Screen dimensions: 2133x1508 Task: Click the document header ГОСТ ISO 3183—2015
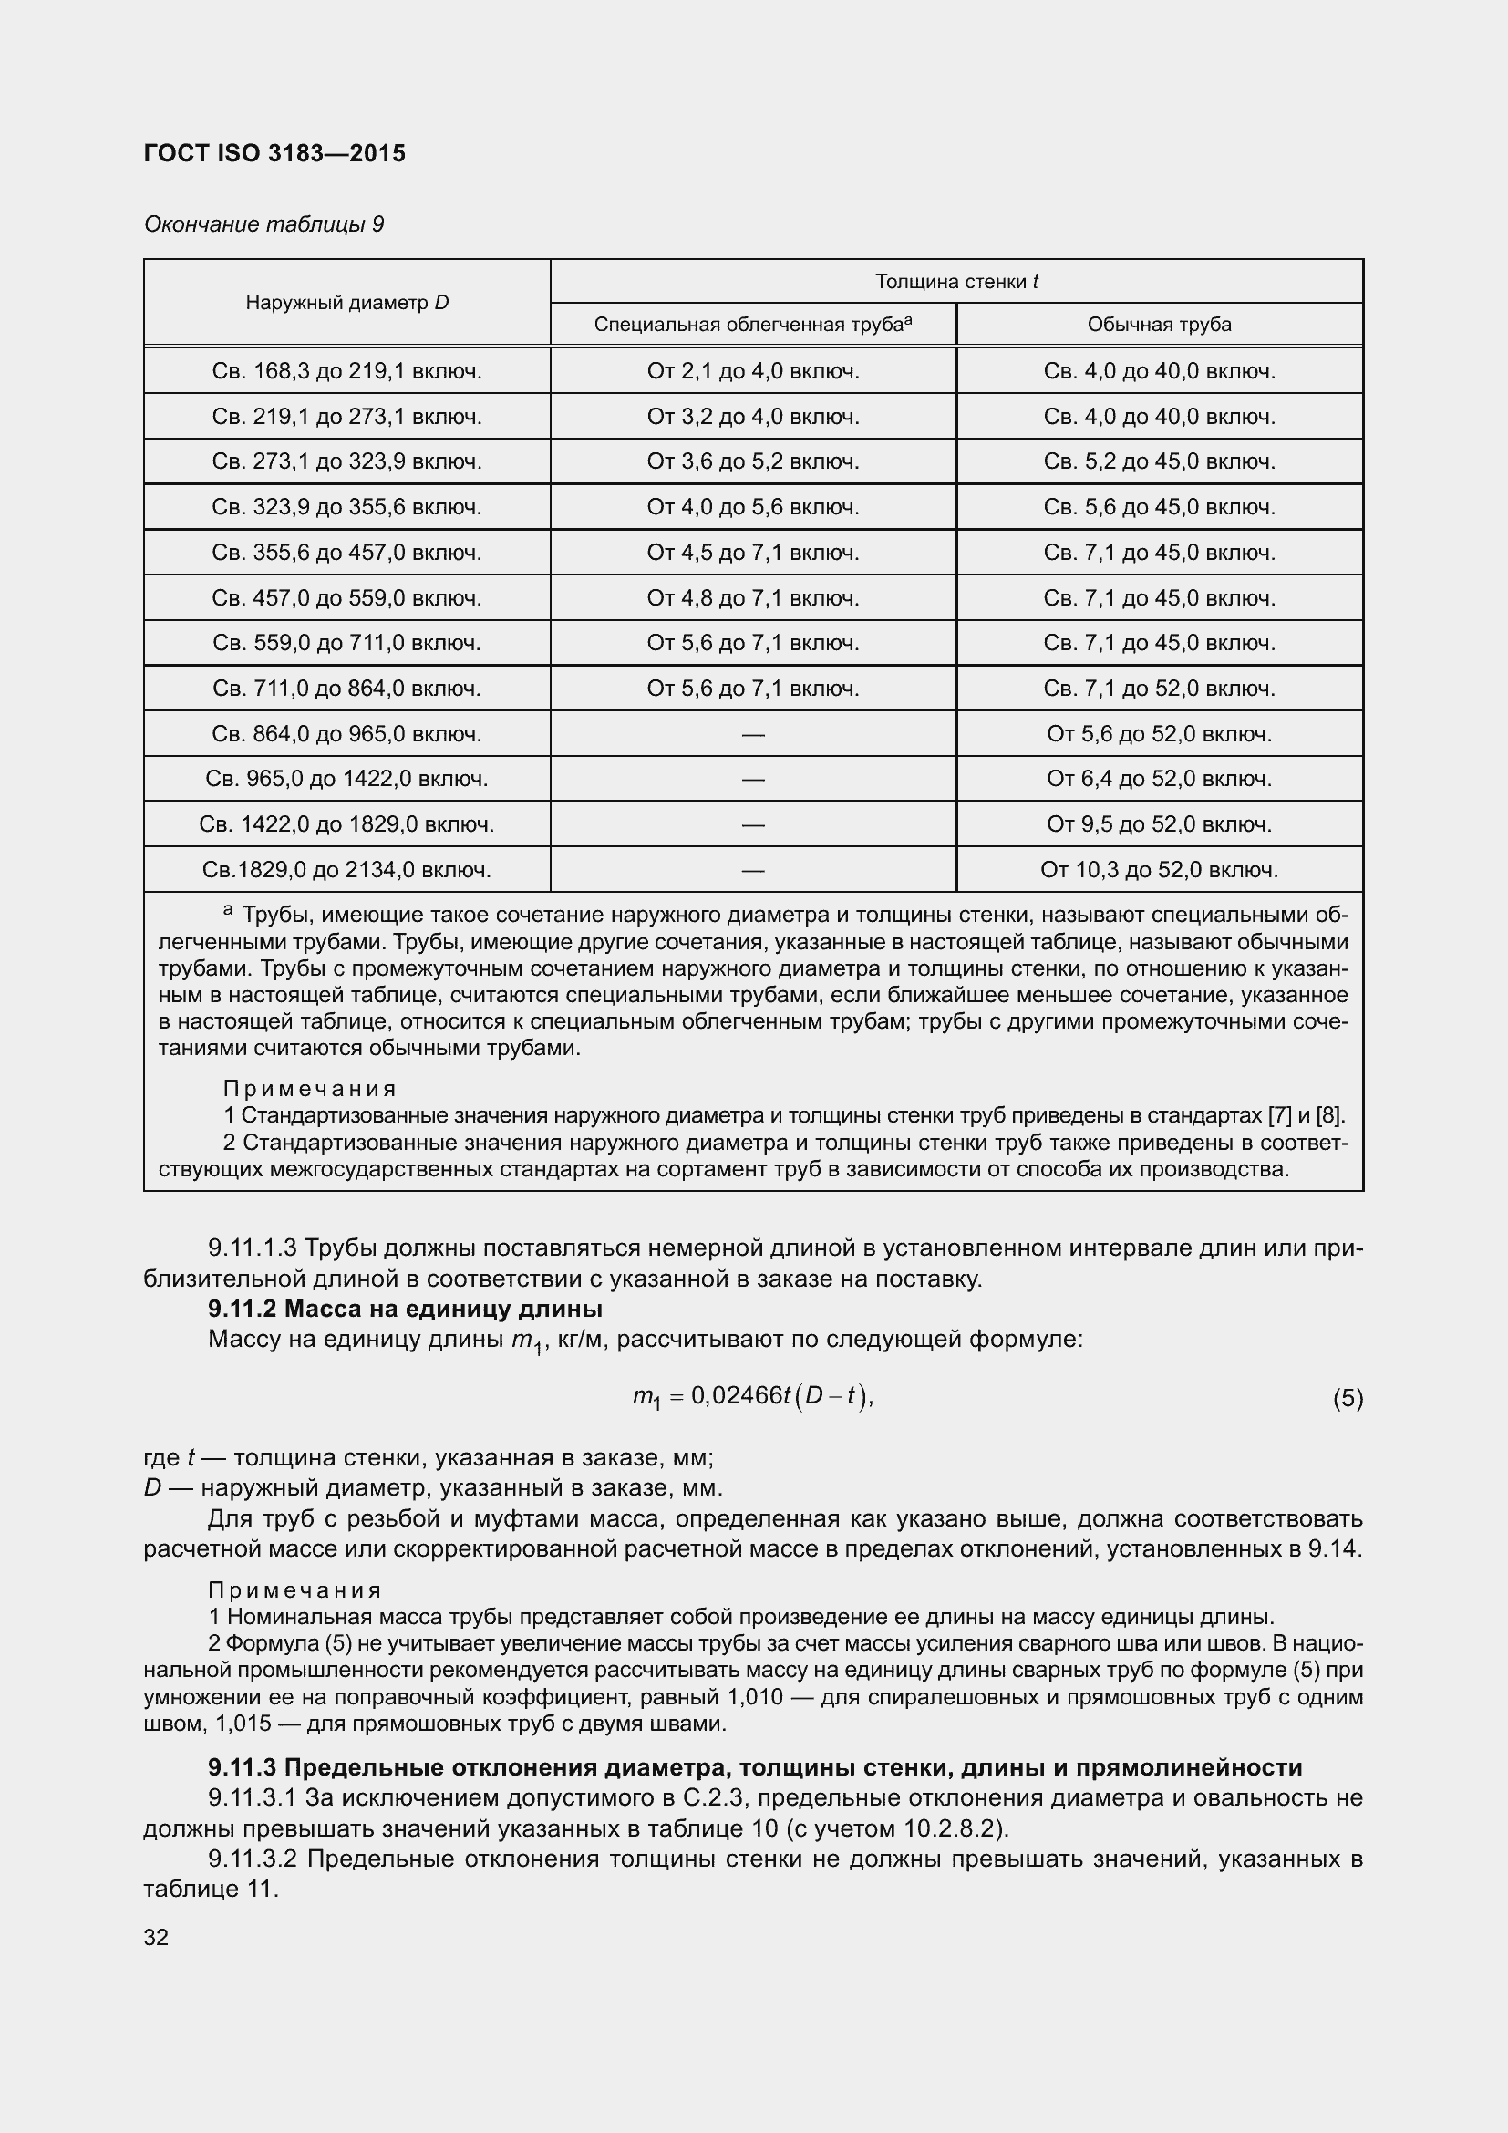(x=274, y=153)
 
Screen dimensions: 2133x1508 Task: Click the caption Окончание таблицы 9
(x=263, y=224)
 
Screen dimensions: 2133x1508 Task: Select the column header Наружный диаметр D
(x=346, y=302)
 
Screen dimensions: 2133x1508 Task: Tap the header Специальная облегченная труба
(x=752, y=325)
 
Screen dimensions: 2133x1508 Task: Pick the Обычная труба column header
(x=1159, y=325)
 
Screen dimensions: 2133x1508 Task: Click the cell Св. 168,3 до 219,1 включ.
(x=346, y=371)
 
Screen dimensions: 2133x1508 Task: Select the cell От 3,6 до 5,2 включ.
(x=752, y=461)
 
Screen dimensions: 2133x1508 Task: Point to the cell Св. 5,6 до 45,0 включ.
(x=1159, y=507)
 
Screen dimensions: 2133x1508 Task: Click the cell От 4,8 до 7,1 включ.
(x=752, y=598)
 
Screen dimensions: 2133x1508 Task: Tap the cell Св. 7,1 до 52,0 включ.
(x=1159, y=689)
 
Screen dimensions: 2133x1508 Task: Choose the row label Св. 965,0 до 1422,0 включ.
(x=346, y=779)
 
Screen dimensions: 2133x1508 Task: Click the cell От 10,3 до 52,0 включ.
(x=1159, y=870)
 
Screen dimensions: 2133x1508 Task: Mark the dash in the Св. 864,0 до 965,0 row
(x=753, y=735)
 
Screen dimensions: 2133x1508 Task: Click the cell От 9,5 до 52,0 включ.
(x=1159, y=824)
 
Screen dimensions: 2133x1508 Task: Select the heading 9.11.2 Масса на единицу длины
(x=405, y=1309)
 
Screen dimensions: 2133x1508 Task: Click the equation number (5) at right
(x=1348, y=1398)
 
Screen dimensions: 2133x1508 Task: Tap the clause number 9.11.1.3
(x=252, y=1248)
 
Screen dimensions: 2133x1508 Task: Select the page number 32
(x=156, y=1937)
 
